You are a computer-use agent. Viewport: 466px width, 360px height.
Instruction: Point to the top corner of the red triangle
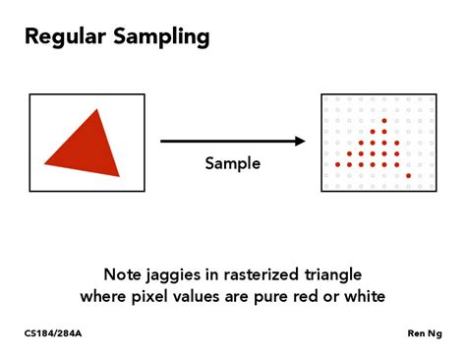98,110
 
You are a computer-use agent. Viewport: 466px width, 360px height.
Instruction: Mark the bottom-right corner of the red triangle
119,175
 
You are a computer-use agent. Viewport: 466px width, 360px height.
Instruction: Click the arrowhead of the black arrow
300,141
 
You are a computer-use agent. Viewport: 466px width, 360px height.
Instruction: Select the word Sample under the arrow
233,163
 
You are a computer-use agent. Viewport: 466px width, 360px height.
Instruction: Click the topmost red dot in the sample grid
385,120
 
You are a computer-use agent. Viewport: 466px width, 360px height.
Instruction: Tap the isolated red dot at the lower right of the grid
408,175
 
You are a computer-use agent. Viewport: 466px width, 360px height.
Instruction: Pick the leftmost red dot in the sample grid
337,164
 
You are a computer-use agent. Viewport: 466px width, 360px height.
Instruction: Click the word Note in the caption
123,273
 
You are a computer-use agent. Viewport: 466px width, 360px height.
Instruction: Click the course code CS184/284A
54,333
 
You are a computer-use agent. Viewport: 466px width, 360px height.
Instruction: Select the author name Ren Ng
425,333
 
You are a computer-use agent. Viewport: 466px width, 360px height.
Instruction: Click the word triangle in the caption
332,273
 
